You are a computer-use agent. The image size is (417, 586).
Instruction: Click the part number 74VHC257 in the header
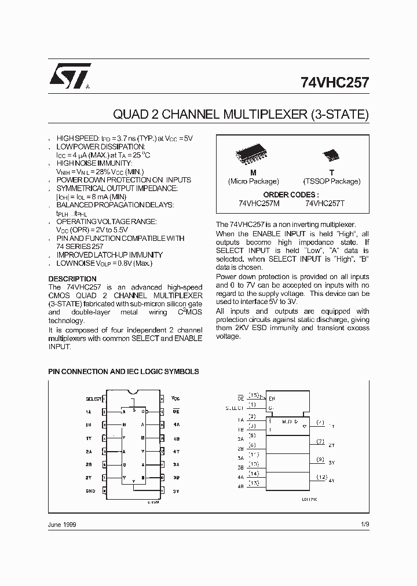tap(335, 82)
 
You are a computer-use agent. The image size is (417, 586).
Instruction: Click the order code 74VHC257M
tap(259, 204)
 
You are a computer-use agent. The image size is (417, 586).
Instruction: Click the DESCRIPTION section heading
tap(72, 279)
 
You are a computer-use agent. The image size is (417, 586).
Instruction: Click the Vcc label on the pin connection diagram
tap(176, 399)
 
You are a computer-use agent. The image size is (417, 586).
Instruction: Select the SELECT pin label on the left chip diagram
tap(93, 399)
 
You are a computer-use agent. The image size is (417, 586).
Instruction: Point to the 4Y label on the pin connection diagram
tap(176, 451)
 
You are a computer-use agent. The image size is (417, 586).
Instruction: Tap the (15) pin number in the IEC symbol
tap(253, 395)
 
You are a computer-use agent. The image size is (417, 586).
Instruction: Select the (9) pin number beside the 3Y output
tap(320, 459)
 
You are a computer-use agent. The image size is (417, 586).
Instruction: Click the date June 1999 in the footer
tap(62, 524)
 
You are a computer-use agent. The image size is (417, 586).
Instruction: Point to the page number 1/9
tap(364, 524)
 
